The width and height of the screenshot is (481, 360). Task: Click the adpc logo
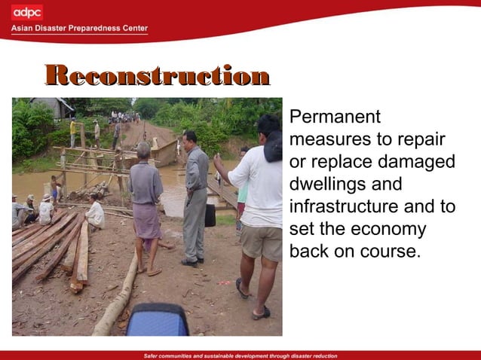27,12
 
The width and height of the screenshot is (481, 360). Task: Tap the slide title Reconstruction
157,76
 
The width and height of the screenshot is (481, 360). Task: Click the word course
391,252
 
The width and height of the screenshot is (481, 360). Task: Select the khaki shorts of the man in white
261,243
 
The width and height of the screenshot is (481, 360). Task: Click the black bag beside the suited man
210,215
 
